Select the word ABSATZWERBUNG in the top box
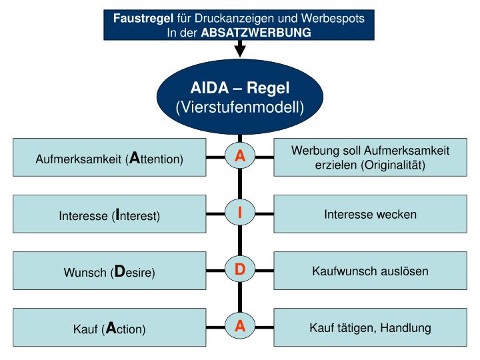pos(256,32)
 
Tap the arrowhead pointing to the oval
pos(240,51)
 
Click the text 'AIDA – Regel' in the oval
pos(240,88)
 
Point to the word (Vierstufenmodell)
pos(240,107)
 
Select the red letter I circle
pos(240,214)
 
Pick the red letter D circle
pos(240,271)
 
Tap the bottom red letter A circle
pos(240,327)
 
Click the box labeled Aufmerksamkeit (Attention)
pos(109,158)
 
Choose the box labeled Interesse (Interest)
pos(109,215)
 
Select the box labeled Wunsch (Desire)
pos(109,271)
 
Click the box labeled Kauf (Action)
pos(109,328)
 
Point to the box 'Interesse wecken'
pos(370,214)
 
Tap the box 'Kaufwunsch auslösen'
pos(370,271)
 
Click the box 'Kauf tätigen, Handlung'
pos(370,327)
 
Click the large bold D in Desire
pos(120,271)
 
